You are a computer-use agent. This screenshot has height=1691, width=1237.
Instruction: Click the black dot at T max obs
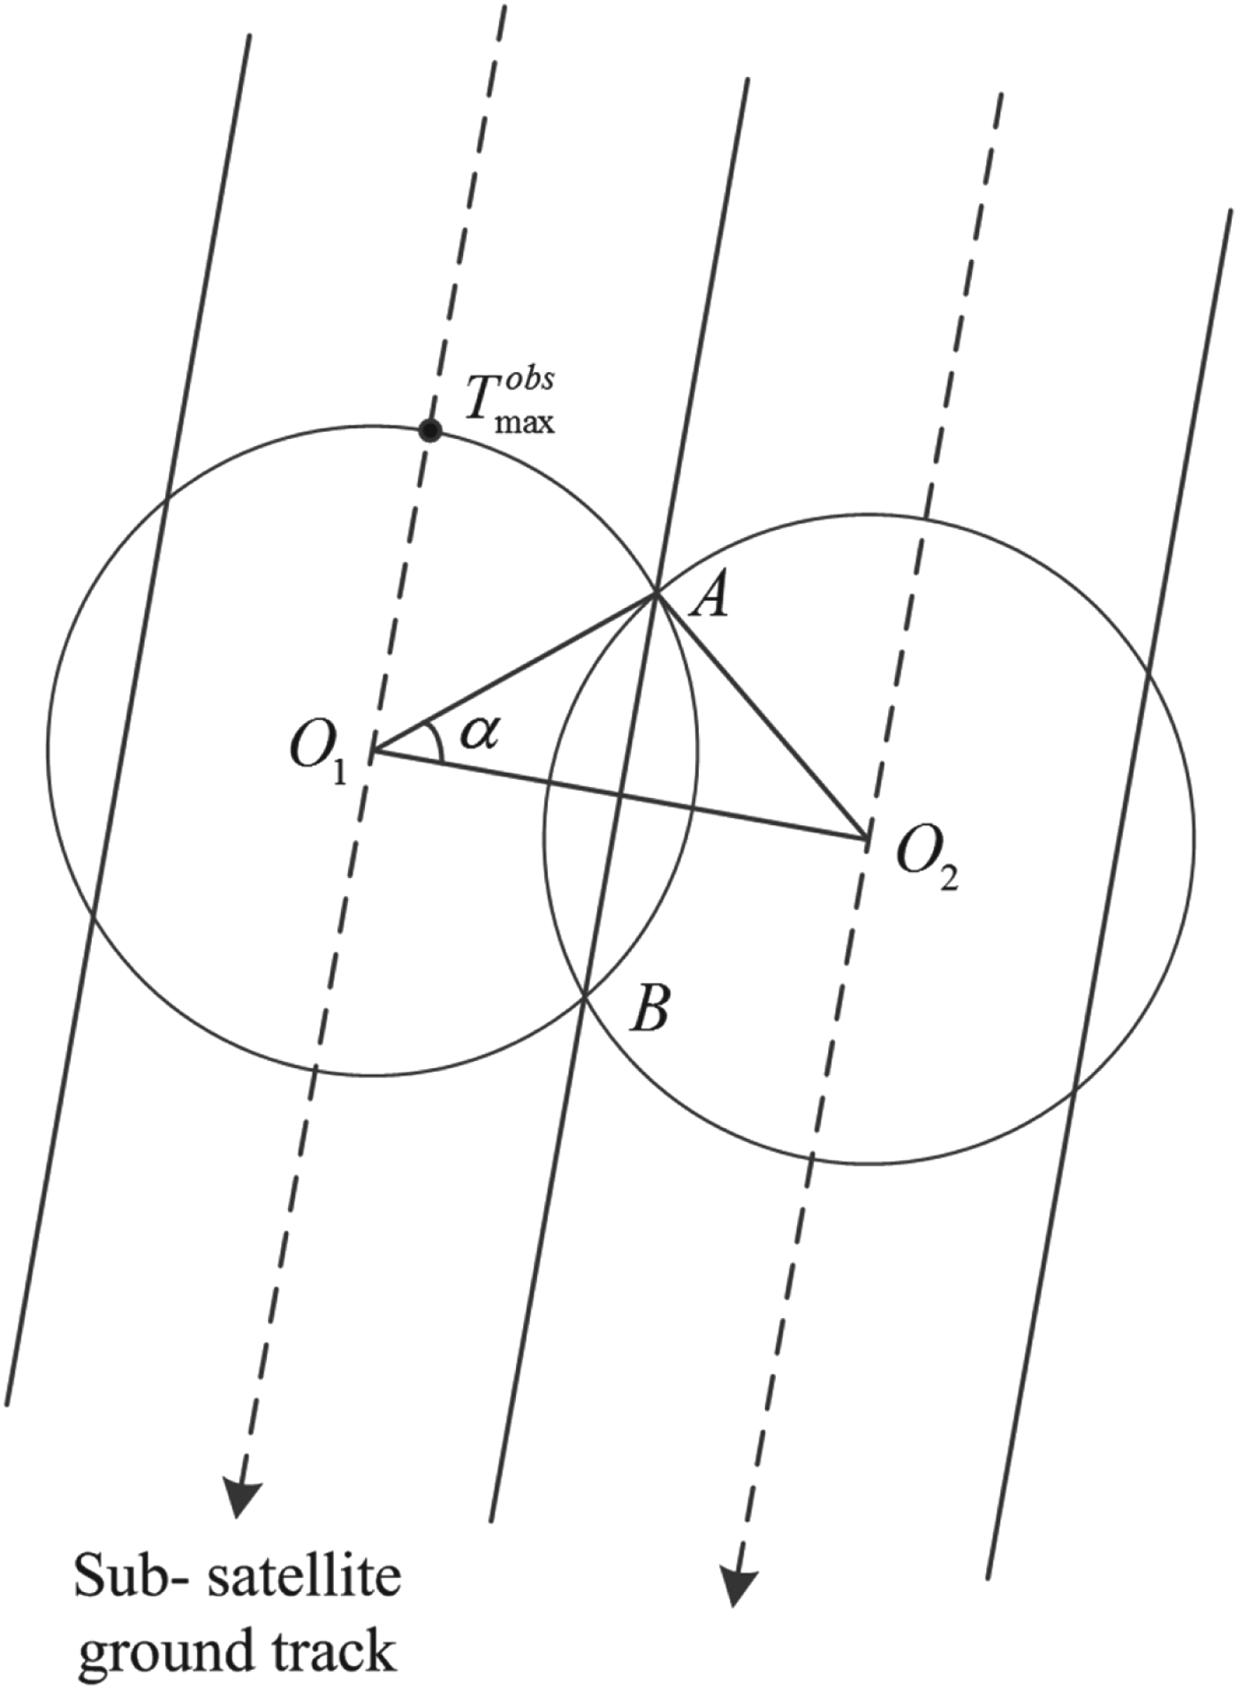pos(429,431)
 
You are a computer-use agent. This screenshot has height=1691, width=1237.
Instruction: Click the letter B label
pos(649,1010)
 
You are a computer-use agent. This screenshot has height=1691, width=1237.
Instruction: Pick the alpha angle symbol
pos(480,732)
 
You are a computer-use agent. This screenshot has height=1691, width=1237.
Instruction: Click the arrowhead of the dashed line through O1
pos(239,1498)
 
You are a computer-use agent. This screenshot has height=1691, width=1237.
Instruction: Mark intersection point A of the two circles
pos(656,595)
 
